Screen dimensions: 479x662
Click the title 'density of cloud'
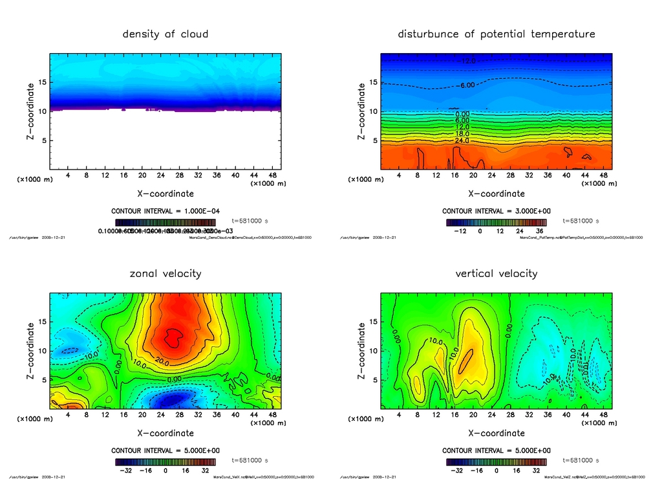[x=165, y=34]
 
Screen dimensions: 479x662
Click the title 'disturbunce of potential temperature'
[x=496, y=34]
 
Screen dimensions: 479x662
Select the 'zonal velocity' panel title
[x=165, y=273]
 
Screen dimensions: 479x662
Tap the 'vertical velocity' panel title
[x=496, y=273]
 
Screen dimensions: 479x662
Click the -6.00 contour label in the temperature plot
[x=467, y=85]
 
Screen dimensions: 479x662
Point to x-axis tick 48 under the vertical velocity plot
[x=603, y=415]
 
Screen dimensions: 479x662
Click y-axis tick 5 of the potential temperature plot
[x=372, y=140]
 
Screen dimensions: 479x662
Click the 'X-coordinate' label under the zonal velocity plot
[x=165, y=433]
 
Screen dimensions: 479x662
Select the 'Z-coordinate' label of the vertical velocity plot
[x=361, y=351]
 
